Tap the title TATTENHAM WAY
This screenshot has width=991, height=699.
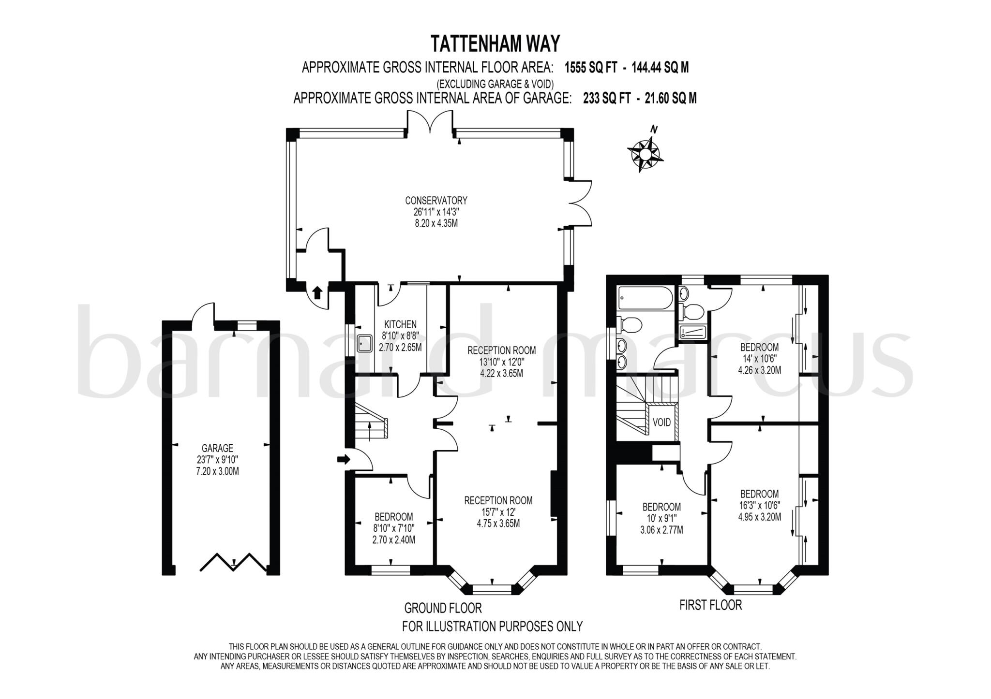[495, 44]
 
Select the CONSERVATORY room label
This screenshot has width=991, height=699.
[435, 200]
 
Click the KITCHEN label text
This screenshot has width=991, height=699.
[400, 324]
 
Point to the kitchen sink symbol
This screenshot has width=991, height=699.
[364, 344]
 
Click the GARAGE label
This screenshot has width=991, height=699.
[217, 448]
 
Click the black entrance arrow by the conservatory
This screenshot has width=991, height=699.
[317, 292]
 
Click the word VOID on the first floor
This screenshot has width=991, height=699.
[661, 422]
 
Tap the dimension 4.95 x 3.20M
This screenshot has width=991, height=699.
[759, 517]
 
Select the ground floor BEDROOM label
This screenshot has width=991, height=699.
[393, 516]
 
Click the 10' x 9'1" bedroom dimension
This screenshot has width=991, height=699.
[661, 518]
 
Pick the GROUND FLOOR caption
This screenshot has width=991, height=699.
[443, 608]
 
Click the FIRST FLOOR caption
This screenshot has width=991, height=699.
[710, 605]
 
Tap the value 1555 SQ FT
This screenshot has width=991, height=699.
[590, 68]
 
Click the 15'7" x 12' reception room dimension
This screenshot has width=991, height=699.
[498, 512]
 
